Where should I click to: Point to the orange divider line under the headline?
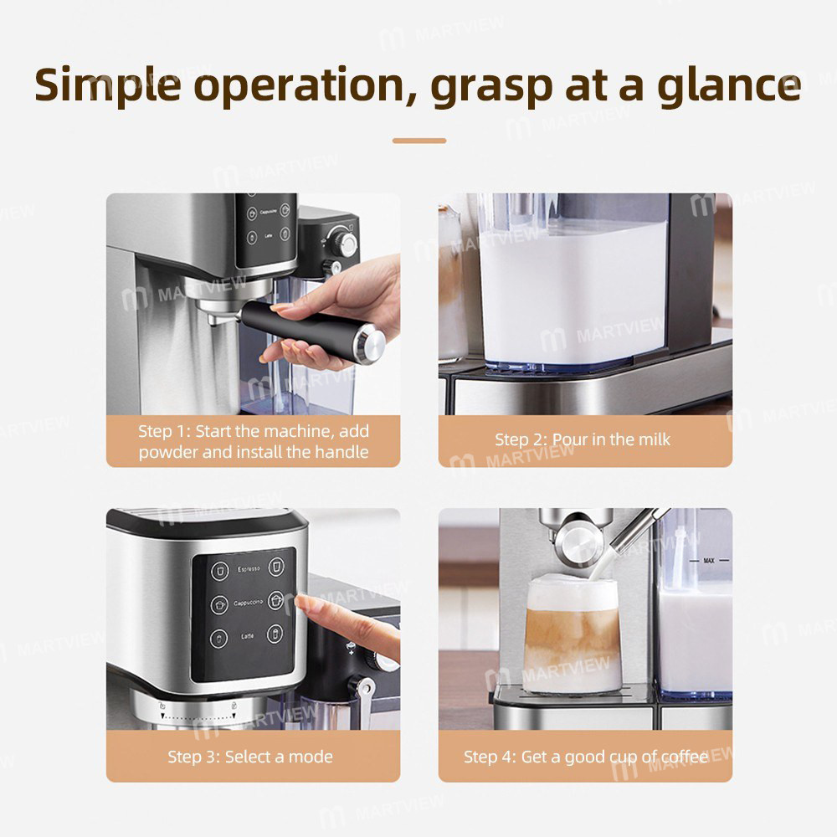(x=418, y=141)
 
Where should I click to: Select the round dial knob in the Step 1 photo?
(x=342, y=243)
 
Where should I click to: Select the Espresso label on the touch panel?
(x=249, y=569)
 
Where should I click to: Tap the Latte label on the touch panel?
(x=248, y=636)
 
